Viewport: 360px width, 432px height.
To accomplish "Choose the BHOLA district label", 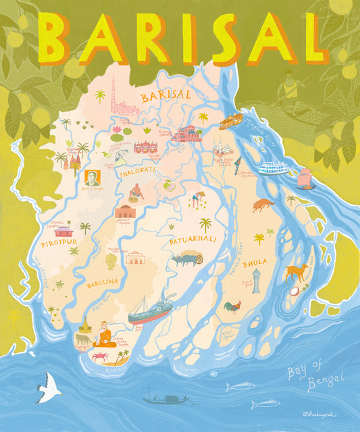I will [255, 261].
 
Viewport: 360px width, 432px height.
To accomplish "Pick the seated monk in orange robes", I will [103, 333].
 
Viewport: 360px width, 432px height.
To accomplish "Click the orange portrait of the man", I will [92, 178].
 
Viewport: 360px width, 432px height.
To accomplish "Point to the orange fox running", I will [263, 205].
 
